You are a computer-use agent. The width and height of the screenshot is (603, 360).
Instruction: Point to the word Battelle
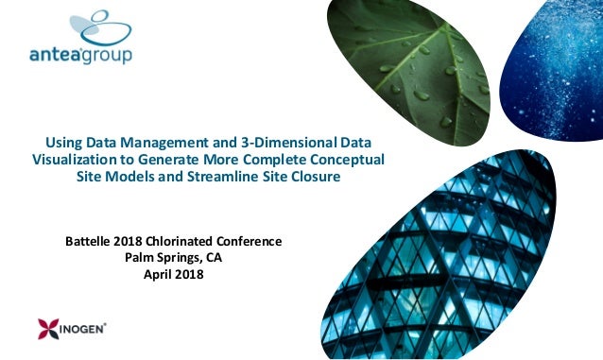pos(90,241)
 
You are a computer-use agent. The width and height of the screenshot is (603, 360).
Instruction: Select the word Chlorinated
pos(187,241)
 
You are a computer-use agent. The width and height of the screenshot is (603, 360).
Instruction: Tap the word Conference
pos(253,241)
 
